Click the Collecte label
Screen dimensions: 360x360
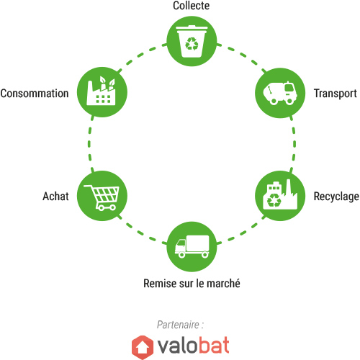[x=192, y=6]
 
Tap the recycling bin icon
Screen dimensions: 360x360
[x=192, y=41]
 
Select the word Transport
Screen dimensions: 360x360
[x=336, y=94]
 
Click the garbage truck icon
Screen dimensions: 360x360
[x=280, y=93]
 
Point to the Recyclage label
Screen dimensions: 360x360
[x=336, y=197]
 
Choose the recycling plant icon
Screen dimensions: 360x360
[x=280, y=194]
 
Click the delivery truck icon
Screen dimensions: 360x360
[x=192, y=246]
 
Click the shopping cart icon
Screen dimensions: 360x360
[x=102, y=197]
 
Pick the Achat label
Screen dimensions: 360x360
[x=55, y=197]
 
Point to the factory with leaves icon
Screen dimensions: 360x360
[x=101, y=91]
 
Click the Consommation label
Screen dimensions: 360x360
[x=35, y=94]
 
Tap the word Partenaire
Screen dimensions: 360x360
[x=178, y=325]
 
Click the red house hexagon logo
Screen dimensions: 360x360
[x=143, y=347]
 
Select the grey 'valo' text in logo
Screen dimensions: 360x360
[x=177, y=346]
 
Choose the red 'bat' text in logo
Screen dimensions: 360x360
[x=213, y=345]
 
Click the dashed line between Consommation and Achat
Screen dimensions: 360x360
[x=89, y=144]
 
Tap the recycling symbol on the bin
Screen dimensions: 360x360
[x=192, y=44]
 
